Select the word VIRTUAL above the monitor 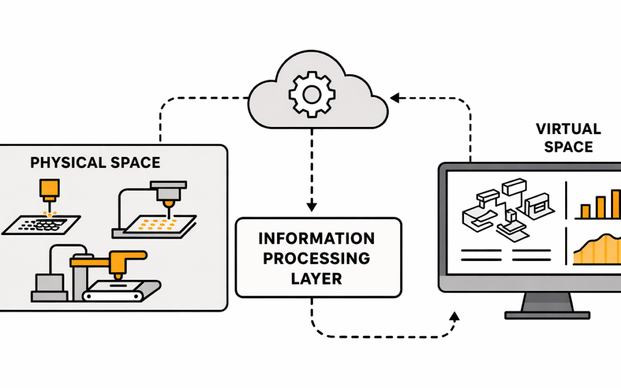click(x=568, y=129)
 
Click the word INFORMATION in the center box click(x=316, y=239)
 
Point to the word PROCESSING click(x=316, y=258)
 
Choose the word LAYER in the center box click(x=316, y=278)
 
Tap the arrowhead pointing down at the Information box click(x=311, y=205)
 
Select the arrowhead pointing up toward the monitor click(x=455, y=317)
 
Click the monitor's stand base click(x=547, y=314)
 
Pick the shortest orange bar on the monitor click(x=585, y=212)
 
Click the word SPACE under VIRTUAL click(x=568, y=147)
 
